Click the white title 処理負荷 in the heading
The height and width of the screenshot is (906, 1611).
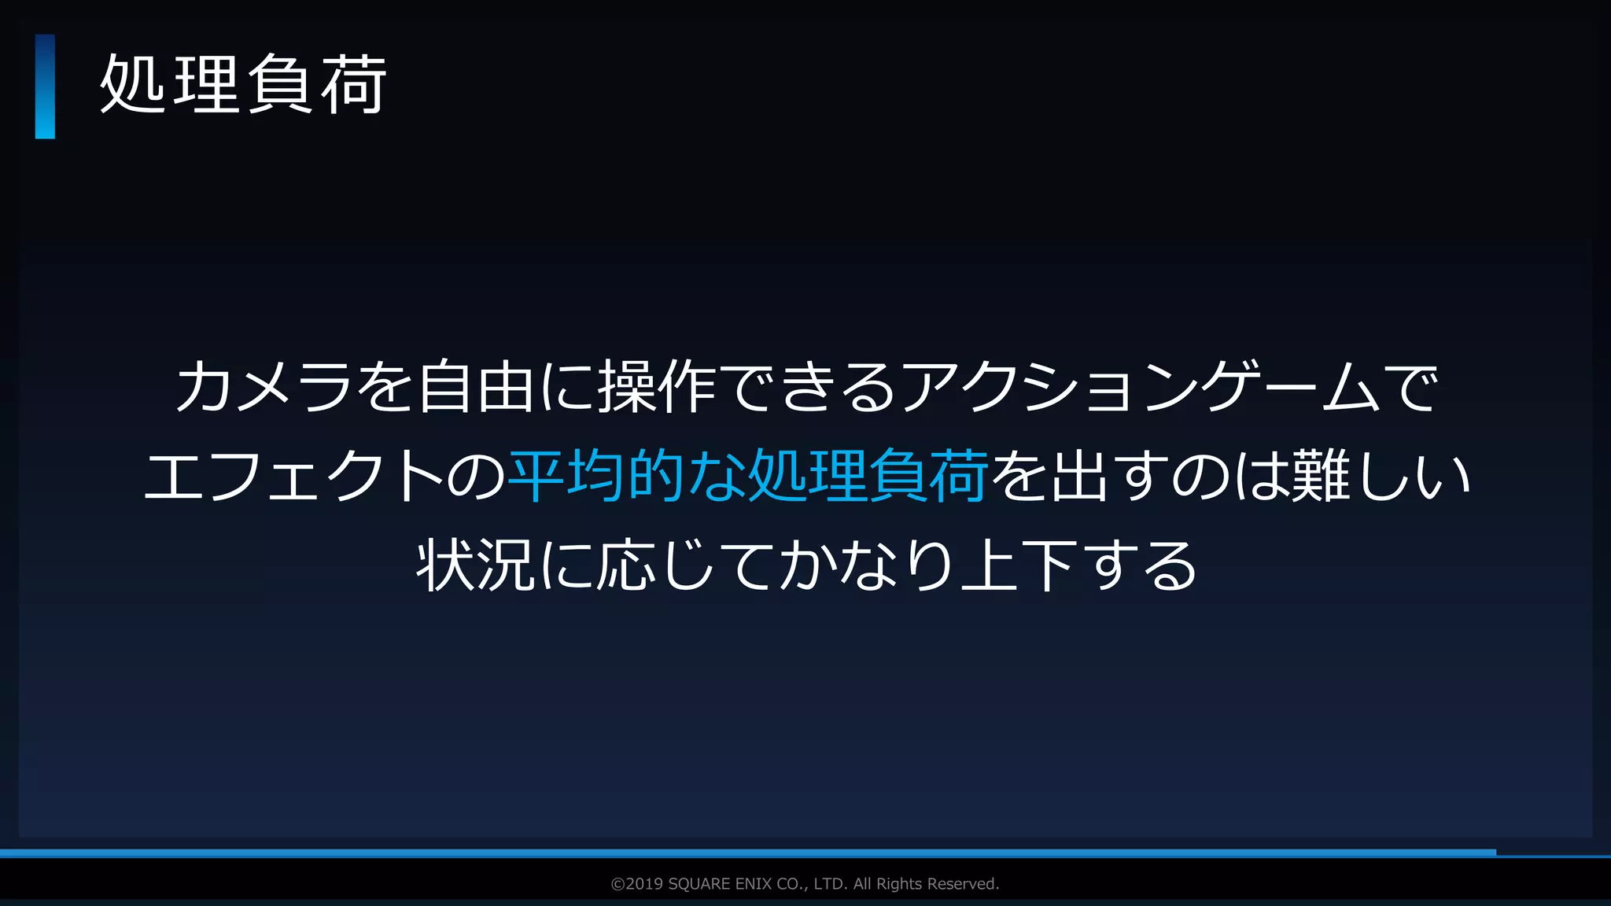click(243, 85)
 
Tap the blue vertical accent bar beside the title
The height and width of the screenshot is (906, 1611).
click(45, 87)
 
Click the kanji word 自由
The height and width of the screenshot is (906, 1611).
click(476, 387)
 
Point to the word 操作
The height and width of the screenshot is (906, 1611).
click(657, 387)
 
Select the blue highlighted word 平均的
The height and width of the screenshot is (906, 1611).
click(598, 477)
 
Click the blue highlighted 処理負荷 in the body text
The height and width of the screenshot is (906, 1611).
click(868, 477)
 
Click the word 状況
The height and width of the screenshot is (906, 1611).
click(476, 565)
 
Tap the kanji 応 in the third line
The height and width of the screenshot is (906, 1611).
click(626, 565)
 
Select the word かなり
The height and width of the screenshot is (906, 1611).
click(865, 565)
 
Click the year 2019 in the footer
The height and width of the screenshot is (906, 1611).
click(644, 884)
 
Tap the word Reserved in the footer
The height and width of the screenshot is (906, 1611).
click(964, 884)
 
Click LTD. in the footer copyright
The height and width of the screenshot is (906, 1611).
click(831, 884)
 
